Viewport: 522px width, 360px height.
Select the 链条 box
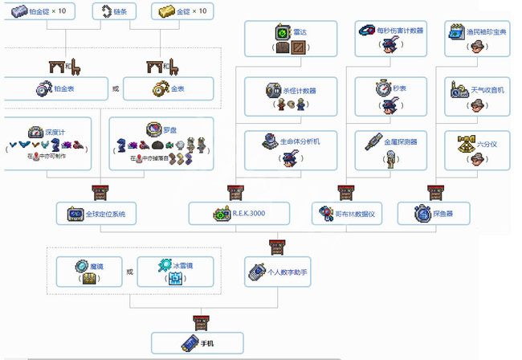tap(114, 12)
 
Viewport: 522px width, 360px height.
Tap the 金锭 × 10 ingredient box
tap(184, 12)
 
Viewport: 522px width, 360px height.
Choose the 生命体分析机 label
tap(299, 141)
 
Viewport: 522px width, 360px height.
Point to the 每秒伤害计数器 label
tap(401, 31)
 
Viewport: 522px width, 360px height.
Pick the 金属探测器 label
tap(400, 141)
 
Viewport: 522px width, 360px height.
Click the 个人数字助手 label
tap(287, 272)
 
